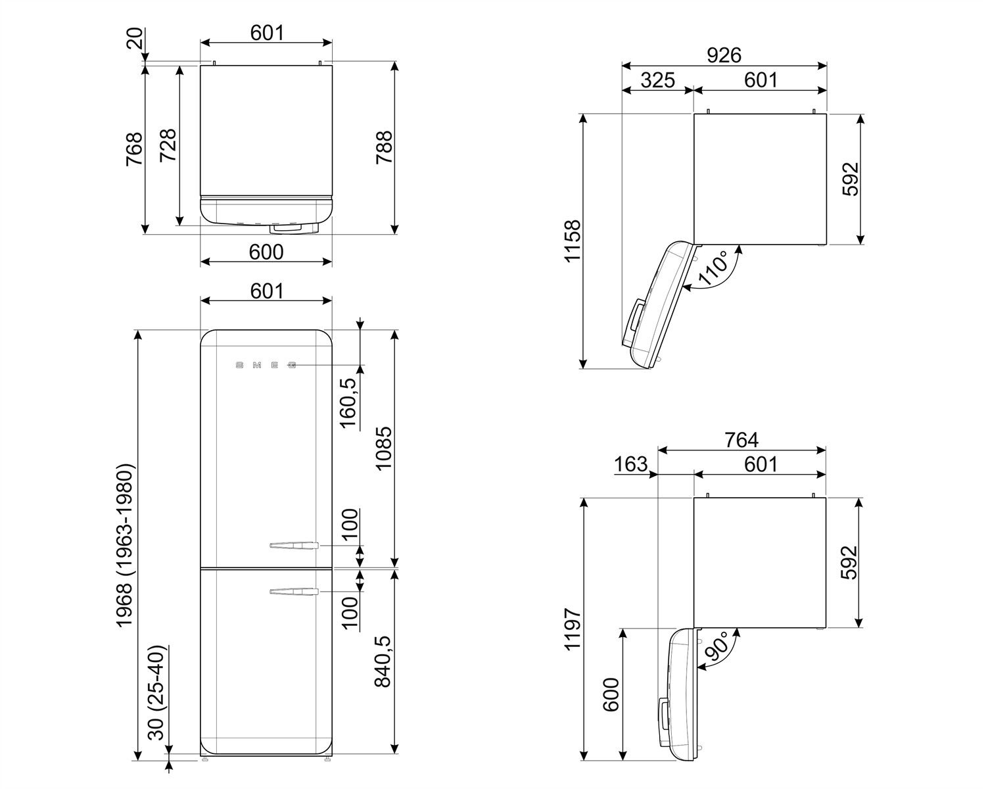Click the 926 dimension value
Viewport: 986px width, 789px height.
(x=724, y=55)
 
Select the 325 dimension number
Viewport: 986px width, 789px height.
(x=657, y=80)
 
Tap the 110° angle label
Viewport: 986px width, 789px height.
(x=713, y=268)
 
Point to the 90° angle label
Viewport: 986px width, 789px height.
(x=715, y=649)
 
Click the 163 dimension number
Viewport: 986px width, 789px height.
(x=630, y=464)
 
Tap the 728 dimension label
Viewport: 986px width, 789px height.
(x=168, y=146)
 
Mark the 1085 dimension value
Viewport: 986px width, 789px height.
(x=384, y=448)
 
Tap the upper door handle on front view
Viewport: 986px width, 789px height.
(x=294, y=544)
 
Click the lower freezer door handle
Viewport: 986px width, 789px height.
(x=294, y=592)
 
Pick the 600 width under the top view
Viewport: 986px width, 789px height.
(x=267, y=252)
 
